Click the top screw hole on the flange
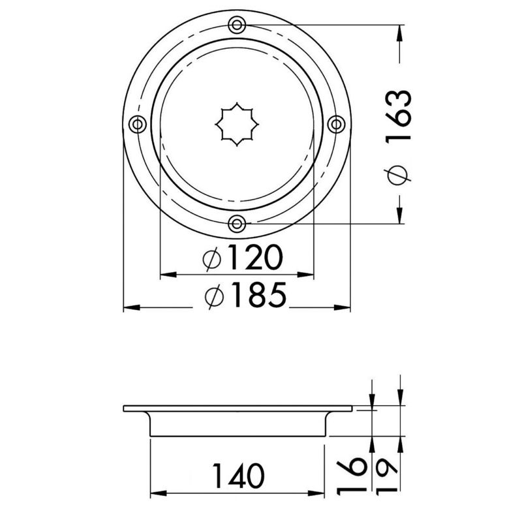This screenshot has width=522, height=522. click(x=237, y=25)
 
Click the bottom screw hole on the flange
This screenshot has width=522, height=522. click(x=237, y=224)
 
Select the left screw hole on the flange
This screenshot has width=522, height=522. click(x=138, y=125)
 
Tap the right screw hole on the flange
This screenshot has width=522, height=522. click(x=337, y=124)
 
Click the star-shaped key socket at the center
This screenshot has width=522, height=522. click(x=237, y=124)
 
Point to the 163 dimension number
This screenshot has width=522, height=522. click(x=399, y=117)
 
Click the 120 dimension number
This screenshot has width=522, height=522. click(x=255, y=257)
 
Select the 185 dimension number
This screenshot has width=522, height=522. click(x=258, y=295)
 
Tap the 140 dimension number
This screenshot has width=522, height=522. click(x=239, y=476)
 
